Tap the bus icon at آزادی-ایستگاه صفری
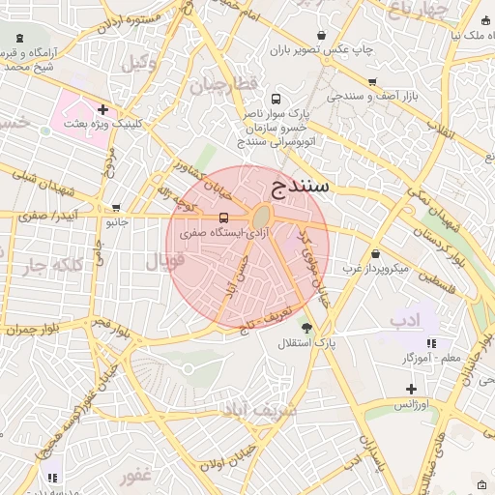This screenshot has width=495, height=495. coord(224,217)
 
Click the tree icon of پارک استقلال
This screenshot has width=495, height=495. coord(307,328)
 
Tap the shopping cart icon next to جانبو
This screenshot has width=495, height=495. coord(117,207)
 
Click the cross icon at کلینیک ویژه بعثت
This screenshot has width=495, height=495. coord(102,109)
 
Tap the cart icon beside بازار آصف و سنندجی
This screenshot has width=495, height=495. coord(372,82)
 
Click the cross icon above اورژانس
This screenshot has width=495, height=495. coord(412,389)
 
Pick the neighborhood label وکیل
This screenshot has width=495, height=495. coord(137,63)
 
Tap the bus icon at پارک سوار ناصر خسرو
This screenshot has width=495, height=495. coord(277,99)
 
